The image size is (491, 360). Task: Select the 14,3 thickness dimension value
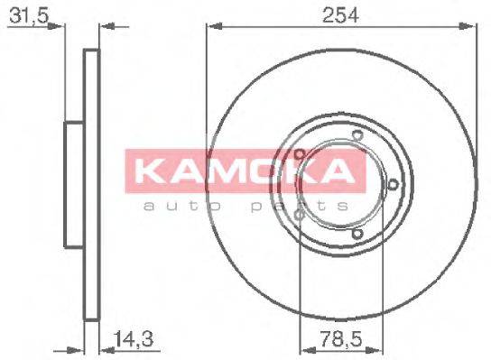click(x=131, y=340)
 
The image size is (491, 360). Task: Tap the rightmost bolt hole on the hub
click(x=394, y=186)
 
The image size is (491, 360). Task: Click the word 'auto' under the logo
click(x=175, y=207)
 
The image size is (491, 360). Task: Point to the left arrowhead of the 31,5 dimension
click(x=60, y=27)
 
